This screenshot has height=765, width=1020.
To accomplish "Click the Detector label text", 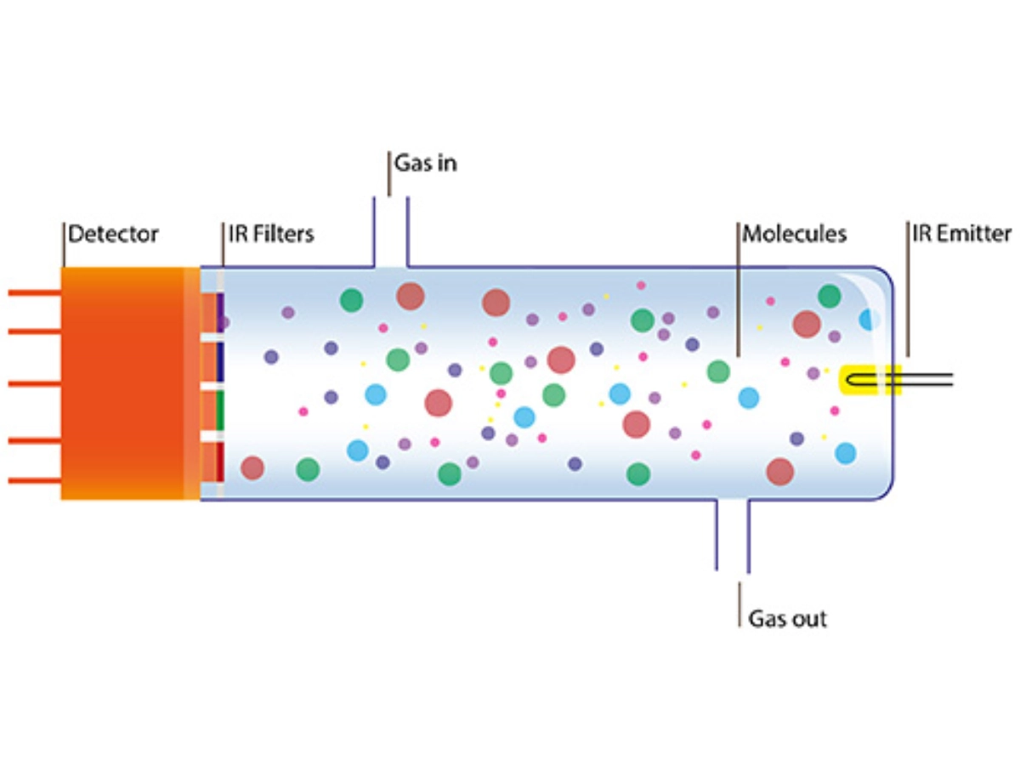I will coord(113,233).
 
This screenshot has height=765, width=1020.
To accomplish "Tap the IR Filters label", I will coord(271,233).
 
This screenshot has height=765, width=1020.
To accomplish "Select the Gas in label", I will coord(425,163).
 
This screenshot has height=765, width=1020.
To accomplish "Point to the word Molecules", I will coord(795,233).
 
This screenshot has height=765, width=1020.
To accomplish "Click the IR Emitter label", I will coord(961,233).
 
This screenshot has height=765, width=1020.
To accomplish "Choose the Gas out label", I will coord(787,618).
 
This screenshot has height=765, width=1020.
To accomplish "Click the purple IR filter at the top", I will coord(220,312).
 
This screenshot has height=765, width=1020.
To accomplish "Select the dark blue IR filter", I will coord(220,361).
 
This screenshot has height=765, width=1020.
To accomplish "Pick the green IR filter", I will coord(220,410).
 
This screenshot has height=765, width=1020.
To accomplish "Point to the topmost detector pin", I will coord(34,293).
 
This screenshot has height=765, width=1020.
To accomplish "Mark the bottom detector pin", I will coord(34,481).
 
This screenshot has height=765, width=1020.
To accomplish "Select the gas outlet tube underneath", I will coord(733,535).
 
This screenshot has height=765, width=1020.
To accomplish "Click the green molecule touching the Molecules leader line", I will coord(718,371).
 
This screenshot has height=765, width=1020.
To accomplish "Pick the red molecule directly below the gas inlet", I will coord(410,296).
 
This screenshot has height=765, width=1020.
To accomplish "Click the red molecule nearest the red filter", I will coord(252,467).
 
